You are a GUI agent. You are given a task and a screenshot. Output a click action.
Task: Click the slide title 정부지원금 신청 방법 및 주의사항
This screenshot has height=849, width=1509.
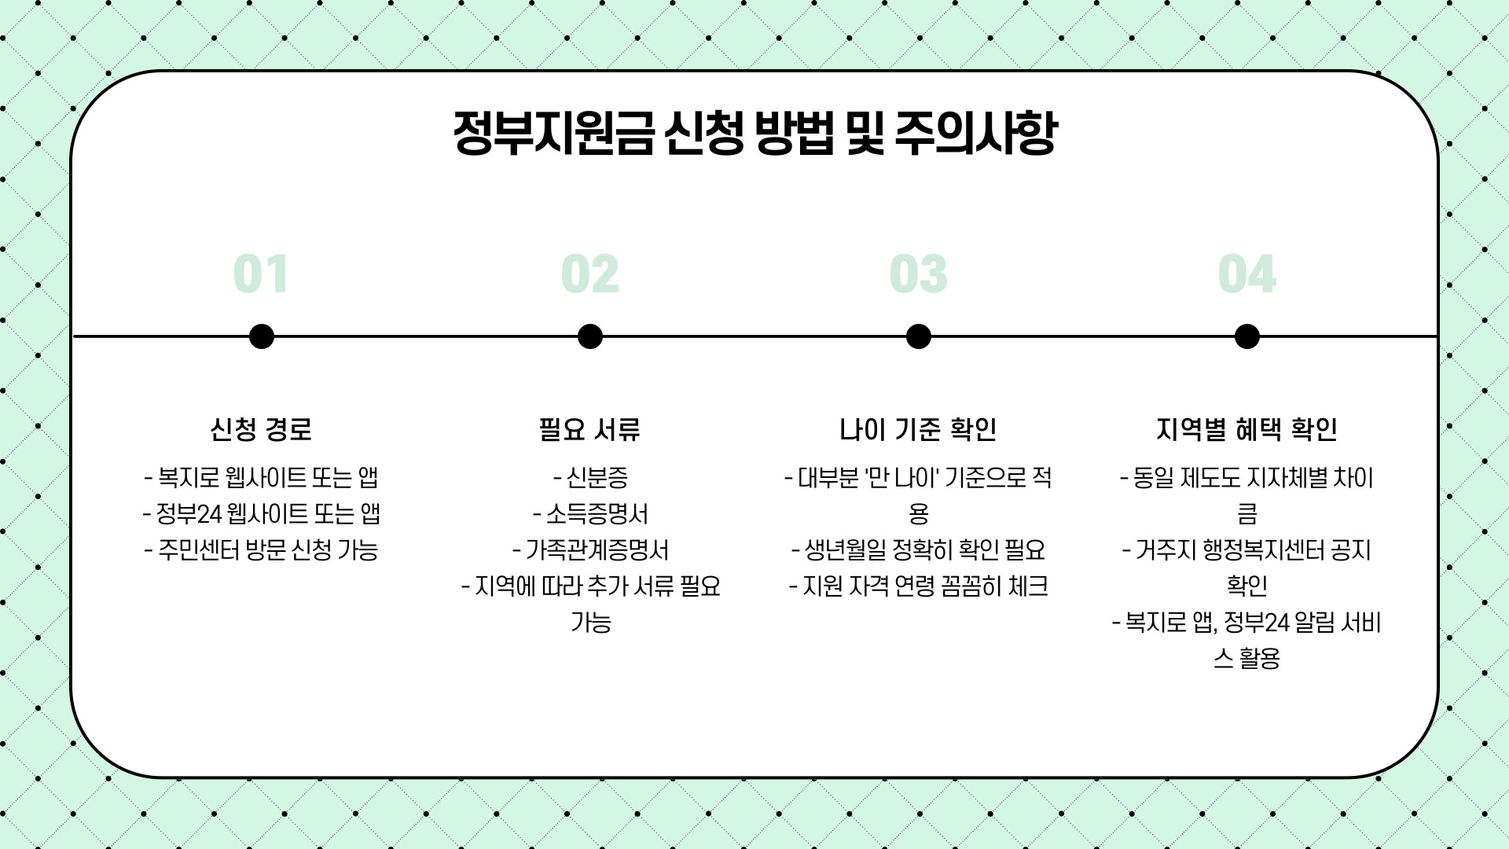(754, 132)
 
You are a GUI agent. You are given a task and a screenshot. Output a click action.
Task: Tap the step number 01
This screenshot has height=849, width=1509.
(261, 274)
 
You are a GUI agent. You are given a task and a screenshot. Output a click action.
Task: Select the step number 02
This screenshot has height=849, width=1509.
(589, 274)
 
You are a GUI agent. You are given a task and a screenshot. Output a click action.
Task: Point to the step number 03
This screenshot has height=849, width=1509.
(918, 274)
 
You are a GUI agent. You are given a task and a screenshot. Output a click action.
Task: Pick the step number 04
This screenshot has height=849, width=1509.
(1246, 274)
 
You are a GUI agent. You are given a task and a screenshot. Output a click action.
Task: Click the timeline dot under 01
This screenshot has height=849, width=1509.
(261, 336)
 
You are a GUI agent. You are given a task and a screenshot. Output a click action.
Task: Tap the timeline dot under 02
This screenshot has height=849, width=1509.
(589, 336)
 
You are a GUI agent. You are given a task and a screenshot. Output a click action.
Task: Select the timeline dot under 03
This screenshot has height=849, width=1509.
(918, 336)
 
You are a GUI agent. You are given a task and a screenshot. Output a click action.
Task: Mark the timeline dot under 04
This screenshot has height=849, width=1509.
(1246, 336)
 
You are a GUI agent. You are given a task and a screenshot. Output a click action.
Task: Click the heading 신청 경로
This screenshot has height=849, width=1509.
(261, 429)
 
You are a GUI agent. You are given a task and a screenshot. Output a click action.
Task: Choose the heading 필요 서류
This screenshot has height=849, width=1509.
(589, 429)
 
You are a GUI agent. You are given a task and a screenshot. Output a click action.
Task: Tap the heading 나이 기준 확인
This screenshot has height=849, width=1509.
(918, 429)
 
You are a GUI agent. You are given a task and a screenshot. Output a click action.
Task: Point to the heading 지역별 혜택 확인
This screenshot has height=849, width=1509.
(1246, 429)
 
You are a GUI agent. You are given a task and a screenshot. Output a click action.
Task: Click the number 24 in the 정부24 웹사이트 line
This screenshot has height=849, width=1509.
(210, 514)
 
